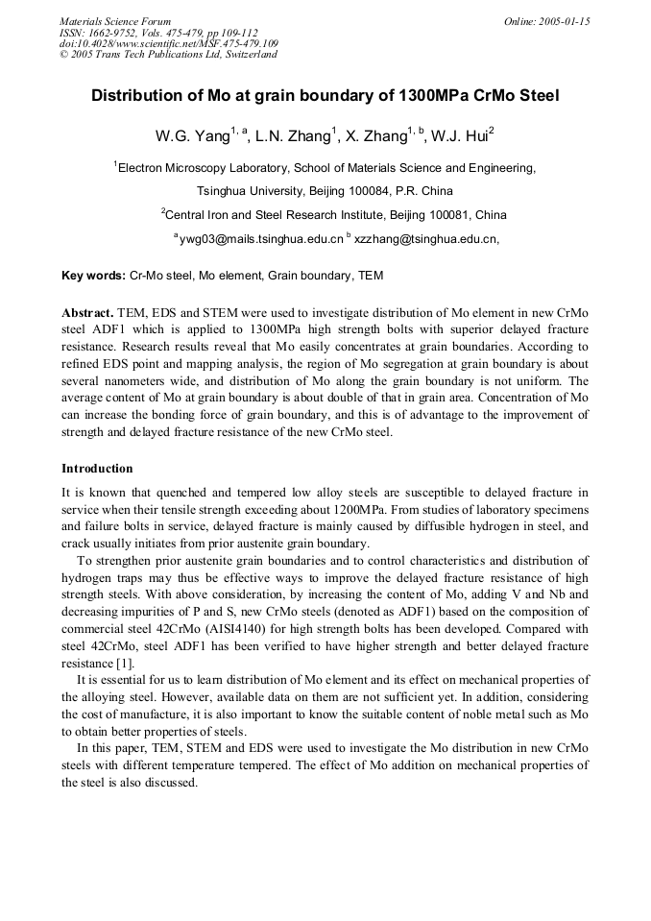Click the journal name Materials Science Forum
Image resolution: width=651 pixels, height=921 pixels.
[x=115, y=21]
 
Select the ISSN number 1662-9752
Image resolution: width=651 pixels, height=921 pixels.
[x=117, y=32]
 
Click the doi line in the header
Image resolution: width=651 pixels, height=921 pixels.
[x=169, y=43]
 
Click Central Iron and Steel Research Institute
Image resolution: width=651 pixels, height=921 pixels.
[x=292, y=214]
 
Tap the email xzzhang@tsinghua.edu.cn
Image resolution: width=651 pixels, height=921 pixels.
[x=426, y=238]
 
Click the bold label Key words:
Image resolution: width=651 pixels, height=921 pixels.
[x=93, y=276]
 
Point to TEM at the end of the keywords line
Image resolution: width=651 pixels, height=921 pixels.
[x=371, y=276]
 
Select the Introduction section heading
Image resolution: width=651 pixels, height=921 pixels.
[x=97, y=469]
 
